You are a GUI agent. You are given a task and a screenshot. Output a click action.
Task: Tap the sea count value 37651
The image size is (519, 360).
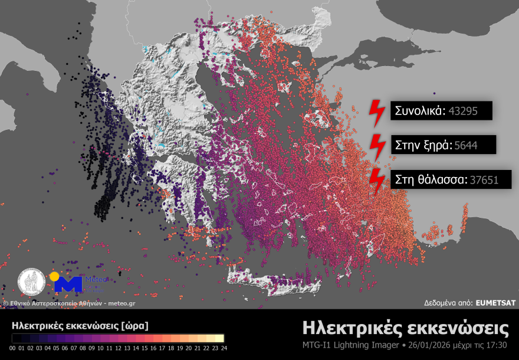pos(484,179)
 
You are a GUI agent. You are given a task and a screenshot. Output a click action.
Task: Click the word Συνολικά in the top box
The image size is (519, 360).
pos(420,110)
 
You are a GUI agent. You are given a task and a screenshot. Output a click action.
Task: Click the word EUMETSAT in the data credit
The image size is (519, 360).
pos(495,303)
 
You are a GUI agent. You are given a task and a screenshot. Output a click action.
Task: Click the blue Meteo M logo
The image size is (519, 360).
pos(67,283)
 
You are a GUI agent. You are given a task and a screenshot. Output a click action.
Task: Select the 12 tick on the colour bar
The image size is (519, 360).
pos(117,348)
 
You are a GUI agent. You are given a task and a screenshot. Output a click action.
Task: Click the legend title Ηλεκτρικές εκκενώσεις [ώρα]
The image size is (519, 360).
pos(80,325)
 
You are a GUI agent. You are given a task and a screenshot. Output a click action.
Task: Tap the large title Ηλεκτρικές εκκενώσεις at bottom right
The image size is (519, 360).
pos(406,328)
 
